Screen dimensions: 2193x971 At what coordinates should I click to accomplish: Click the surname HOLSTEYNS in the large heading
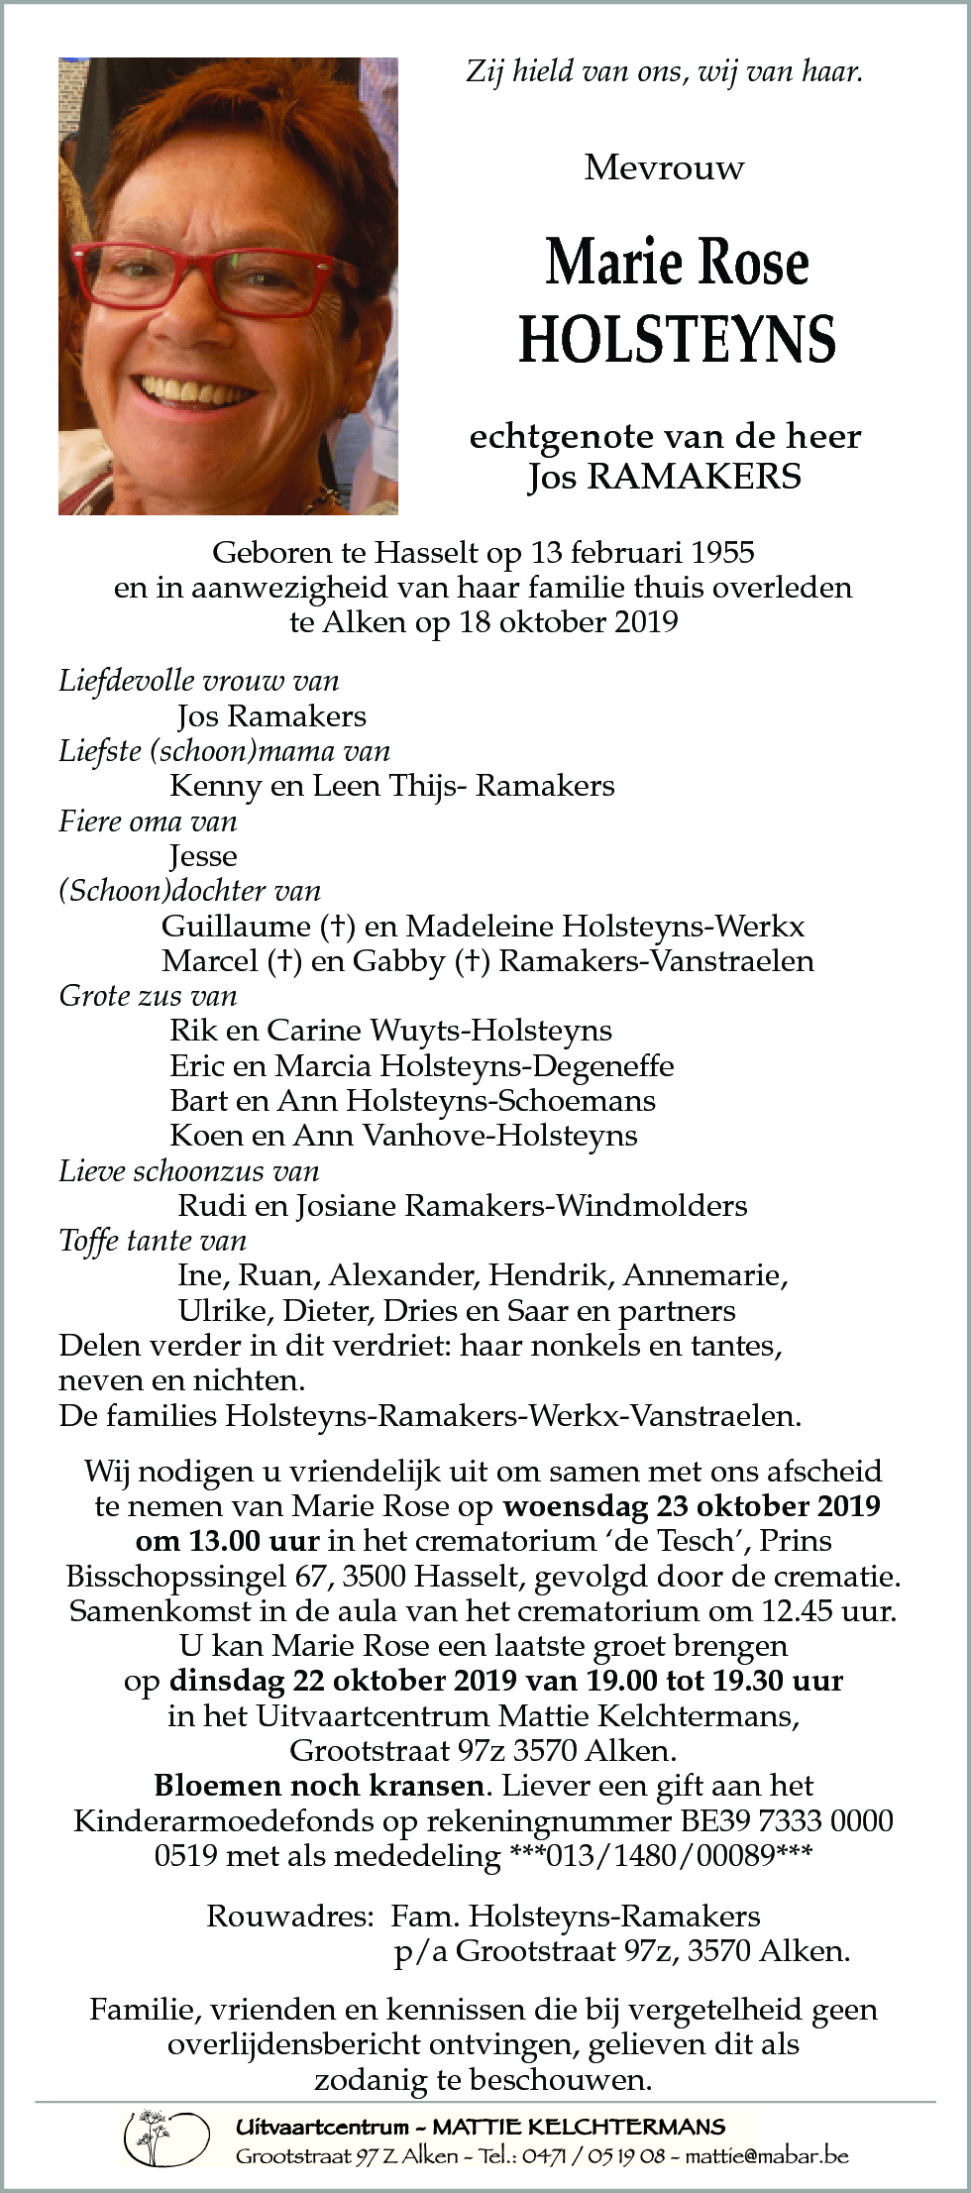click(x=677, y=339)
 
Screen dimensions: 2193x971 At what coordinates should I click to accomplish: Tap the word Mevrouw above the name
click(x=664, y=168)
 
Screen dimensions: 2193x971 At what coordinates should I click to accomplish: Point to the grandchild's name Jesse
click(x=203, y=855)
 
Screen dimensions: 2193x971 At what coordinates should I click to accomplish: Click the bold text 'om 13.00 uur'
click(x=227, y=1541)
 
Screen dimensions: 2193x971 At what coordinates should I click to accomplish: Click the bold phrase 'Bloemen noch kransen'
click(x=320, y=1786)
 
